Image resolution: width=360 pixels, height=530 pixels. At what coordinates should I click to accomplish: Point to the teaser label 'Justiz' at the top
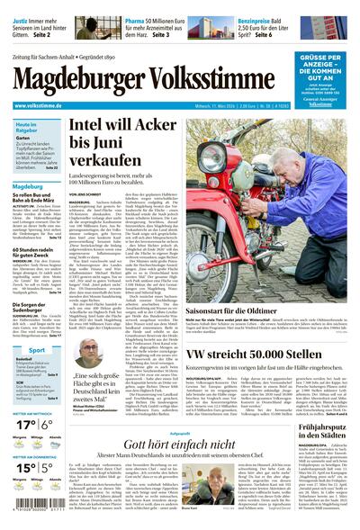pyautogui.click(x=26, y=18)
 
